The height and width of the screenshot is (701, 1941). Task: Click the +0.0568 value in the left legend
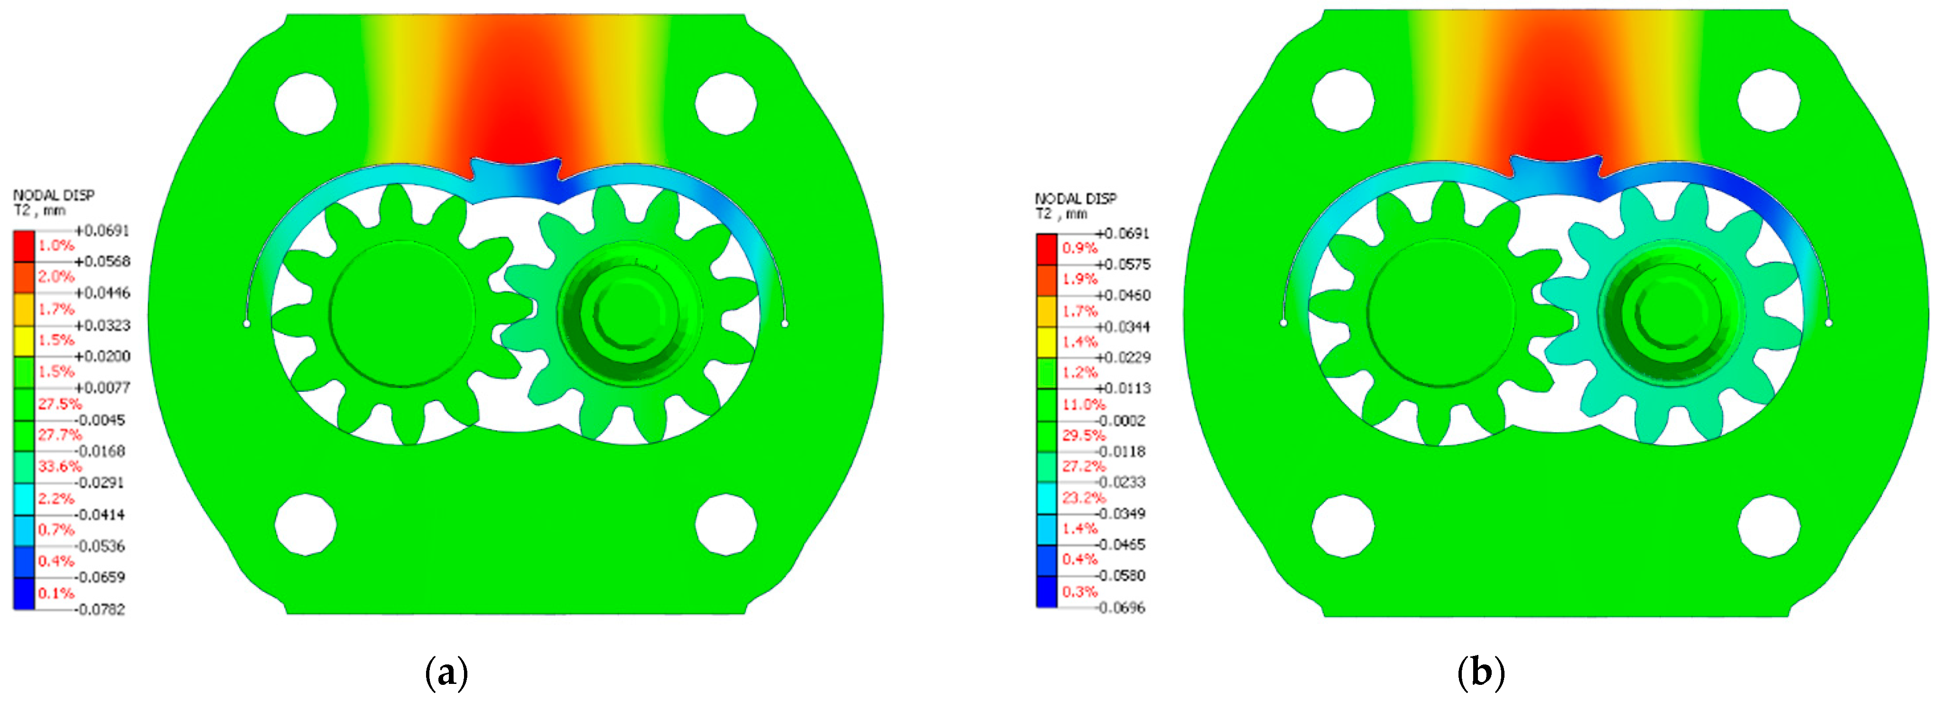[102, 262]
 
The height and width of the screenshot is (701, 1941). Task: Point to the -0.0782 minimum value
[102, 609]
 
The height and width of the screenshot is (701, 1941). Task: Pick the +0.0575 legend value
[1123, 264]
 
